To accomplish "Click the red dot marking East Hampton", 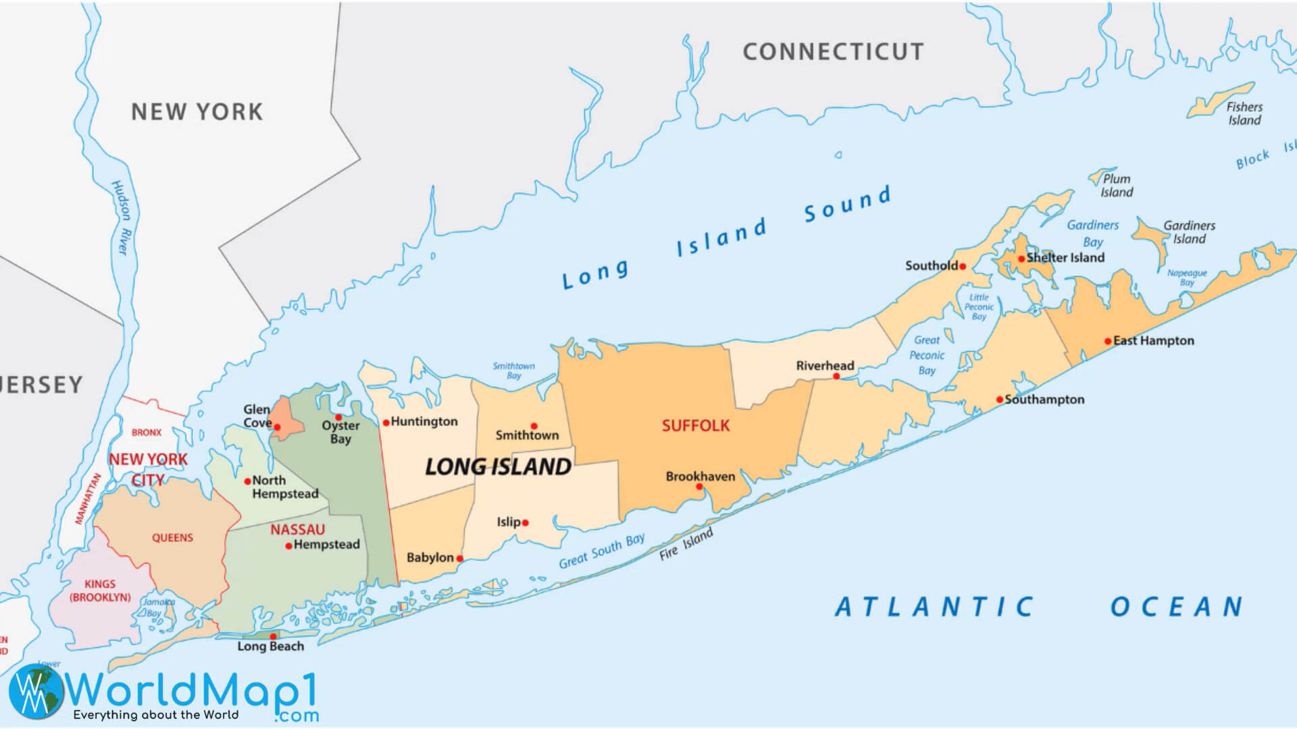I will point(1108,341).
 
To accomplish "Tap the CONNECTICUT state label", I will point(833,52).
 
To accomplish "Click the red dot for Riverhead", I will point(836,376).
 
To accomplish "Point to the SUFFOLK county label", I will point(695,425).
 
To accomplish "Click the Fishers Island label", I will point(1244,113).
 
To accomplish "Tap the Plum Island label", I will point(1117,186).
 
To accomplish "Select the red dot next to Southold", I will point(963,267).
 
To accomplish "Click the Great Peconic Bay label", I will point(927,355).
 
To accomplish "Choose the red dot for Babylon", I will point(459,558).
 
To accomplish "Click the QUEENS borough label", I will point(172,538).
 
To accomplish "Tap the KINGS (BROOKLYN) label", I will point(100,591).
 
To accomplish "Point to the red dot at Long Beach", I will point(273,637).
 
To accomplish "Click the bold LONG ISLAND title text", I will point(498,466).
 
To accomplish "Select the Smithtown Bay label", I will point(513,371).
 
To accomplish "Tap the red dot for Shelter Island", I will point(1021,259).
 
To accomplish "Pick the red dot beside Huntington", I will point(386,423).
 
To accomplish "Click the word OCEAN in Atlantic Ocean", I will point(1176,607).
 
